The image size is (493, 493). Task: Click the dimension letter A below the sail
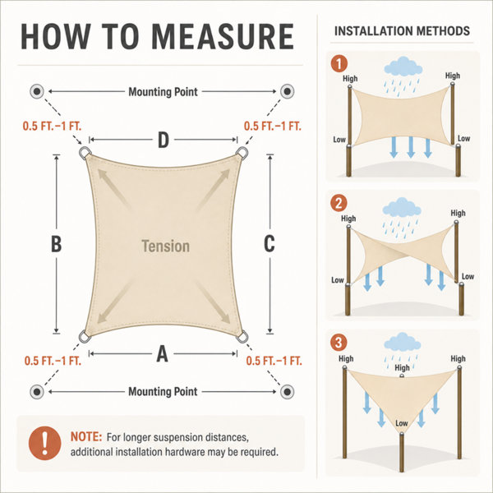click(x=162, y=354)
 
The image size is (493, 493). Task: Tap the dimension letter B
click(x=56, y=244)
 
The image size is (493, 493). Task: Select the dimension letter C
click(x=270, y=244)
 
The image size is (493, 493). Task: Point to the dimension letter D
click(x=164, y=140)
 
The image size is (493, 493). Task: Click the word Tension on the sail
click(x=165, y=246)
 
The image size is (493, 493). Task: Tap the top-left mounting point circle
click(x=37, y=91)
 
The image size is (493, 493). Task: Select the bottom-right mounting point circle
click(x=287, y=392)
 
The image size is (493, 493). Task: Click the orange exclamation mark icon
click(x=44, y=444)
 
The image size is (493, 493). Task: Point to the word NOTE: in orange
click(x=86, y=437)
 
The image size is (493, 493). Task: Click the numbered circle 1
click(x=339, y=64)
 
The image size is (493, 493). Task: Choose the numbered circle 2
click(x=339, y=203)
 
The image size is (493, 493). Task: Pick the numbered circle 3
click(x=339, y=343)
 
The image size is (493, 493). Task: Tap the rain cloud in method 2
click(x=402, y=208)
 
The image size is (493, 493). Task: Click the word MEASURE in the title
click(x=223, y=36)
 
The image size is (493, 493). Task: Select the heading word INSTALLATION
click(x=372, y=31)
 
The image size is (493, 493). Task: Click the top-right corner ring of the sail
click(x=242, y=153)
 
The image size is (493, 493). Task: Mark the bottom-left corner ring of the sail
click(x=85, y=336)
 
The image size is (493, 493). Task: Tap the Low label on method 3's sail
click(x=402, y=423)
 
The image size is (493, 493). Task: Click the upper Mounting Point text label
click(x=163, y=92)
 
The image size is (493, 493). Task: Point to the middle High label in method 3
click(x=402, y=367)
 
